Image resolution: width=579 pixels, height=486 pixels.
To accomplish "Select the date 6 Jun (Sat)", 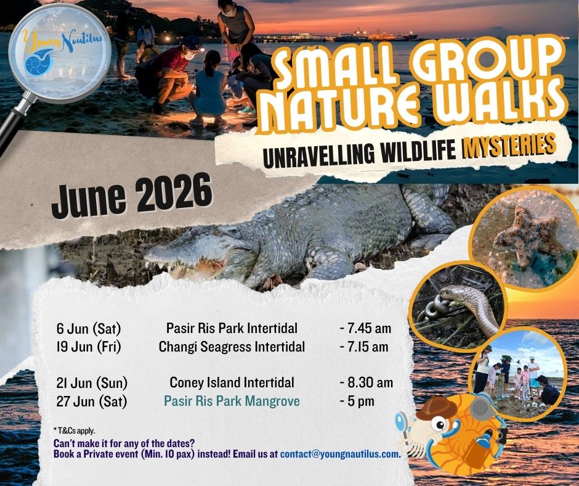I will click(88, 327).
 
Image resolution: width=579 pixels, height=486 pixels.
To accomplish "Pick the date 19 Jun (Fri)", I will click(89, 347).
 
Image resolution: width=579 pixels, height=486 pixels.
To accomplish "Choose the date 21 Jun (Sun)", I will click(92, 383).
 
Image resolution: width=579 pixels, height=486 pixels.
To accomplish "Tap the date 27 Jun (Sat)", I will click(91, 402).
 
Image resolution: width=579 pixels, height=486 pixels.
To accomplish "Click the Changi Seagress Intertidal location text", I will click(232, 347).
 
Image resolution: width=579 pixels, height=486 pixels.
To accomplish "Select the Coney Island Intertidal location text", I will click(232, 383).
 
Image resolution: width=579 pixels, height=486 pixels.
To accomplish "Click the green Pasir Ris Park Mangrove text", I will click(232, 402).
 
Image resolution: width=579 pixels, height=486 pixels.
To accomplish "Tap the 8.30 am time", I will click(366, 383).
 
